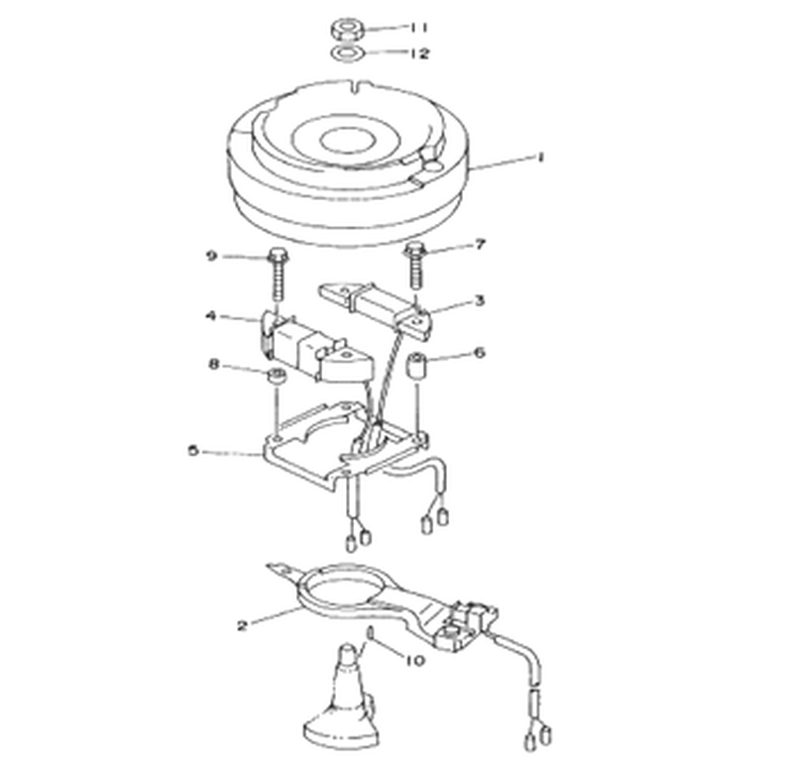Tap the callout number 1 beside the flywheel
pyautogui.click(x=540, y=158)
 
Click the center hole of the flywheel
pyautogui.click(x=345, y=141)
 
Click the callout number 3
pyautogui.click(x=479, y=301)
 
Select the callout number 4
pyautogui.click(x=211, y=316)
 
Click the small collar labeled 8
pyautogui.click(x=277, y=377)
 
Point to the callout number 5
pyautogui.click(x=193, y=451)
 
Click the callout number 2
pyautogui.click(x=243, y=626)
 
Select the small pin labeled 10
pyautogui.click(x=370, y=632)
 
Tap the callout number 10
pyautogui.click(x=415, y=660)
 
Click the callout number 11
pyautogui.click(x=418, y=27)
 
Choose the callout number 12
pyautogui.click(x=418, y=54)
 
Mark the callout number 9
pyautogui.click(x=211, y=257)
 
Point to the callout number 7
pyautogui.click(x=480, y=245)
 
